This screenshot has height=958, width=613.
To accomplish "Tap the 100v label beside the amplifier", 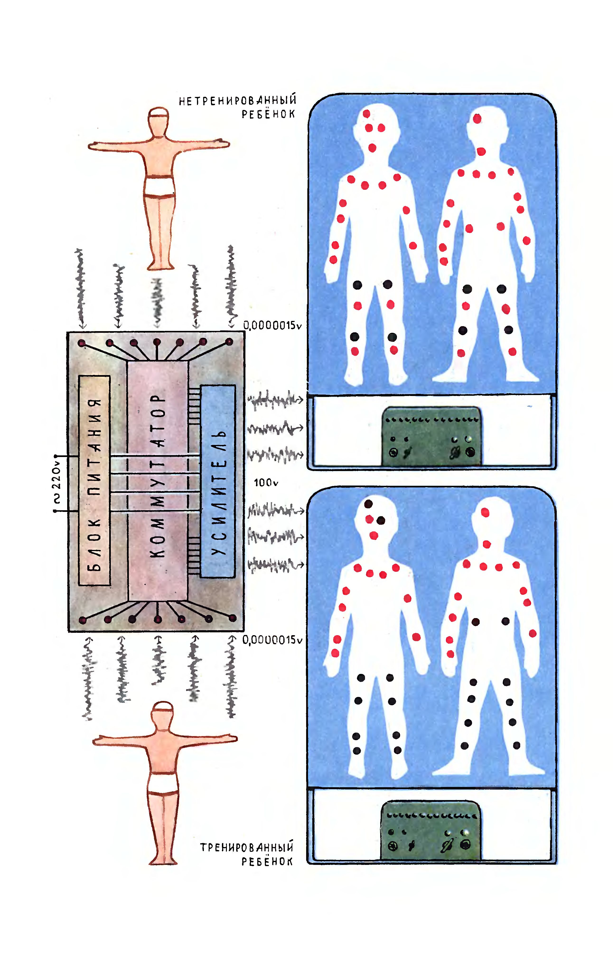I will pos(266,483).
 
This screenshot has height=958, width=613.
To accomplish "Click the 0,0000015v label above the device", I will pos(272,325).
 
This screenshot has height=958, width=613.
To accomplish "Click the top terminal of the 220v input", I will pos(56,455).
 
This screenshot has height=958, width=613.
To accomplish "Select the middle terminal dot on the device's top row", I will pos(157,342).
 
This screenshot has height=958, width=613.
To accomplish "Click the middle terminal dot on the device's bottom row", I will pos(158,620).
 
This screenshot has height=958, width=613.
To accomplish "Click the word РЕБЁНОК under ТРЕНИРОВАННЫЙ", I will pos(267,861).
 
